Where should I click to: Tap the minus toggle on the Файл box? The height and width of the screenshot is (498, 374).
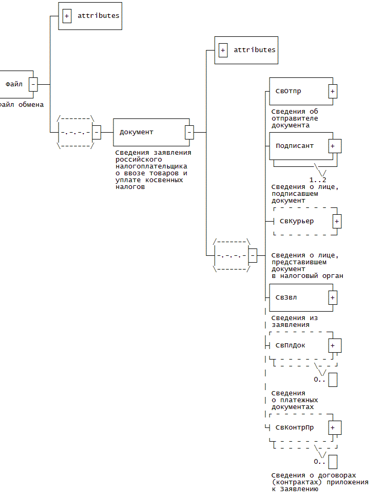pos(33,84)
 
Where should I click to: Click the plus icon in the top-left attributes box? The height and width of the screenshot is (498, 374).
pos(67,16)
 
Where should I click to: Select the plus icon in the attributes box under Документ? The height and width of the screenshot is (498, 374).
pos(223,50)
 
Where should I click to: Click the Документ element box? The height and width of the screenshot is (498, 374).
pos(150,132)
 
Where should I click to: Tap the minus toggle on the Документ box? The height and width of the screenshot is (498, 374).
pos(189,132)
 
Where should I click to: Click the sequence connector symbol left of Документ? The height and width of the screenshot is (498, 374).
pos(75,132)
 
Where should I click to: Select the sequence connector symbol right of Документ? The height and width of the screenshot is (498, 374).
pos(231,255)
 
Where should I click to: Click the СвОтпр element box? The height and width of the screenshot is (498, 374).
pos(299,91)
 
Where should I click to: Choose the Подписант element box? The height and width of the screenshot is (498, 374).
pos(299,145)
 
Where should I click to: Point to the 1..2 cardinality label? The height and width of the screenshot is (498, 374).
pos(318,180)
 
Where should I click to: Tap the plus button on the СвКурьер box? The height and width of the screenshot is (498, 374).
pos(337,221)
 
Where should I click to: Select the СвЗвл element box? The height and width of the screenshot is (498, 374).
pos(299,297)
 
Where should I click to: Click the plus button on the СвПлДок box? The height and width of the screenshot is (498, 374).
pos(333,345)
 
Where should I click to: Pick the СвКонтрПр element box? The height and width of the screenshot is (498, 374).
pos(299,427)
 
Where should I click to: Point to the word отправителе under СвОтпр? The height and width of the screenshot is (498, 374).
pos(295,118)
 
